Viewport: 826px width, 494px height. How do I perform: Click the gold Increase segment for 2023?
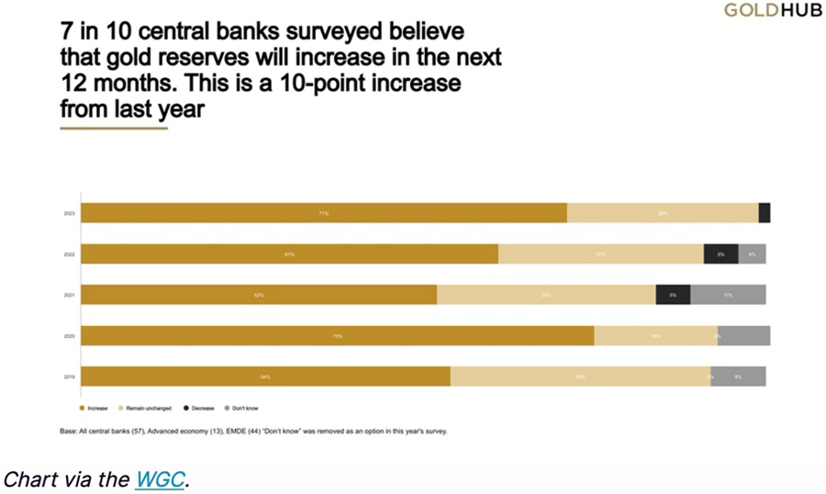(x=324, y=213)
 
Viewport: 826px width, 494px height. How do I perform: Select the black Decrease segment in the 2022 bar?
(x=720, y=254)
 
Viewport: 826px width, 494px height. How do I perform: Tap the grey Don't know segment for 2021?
(x=728, y=295)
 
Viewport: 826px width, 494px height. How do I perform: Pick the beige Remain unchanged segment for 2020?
(x=656, y=336)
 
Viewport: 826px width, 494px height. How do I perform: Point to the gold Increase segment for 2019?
(x=266, y=376)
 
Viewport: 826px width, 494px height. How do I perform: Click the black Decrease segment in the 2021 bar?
(x=673, y=295)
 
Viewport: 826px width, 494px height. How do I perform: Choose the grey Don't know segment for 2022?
(x=752, y=254)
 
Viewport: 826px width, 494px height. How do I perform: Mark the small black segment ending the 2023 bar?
(x=765, y=213)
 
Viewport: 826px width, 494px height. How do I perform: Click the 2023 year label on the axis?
(x=69, y=214)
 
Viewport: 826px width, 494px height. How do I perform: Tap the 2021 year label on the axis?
(x=69, y=295)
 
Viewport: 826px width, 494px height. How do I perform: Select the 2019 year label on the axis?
(x=69, y=376)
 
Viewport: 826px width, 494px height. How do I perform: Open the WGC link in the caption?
(x=160, y=479)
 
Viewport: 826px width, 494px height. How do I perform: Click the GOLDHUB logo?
(x=773, y=11)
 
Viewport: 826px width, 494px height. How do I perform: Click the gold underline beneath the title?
(x=114, y=129)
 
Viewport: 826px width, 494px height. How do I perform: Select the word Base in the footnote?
(x=68, y=431)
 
